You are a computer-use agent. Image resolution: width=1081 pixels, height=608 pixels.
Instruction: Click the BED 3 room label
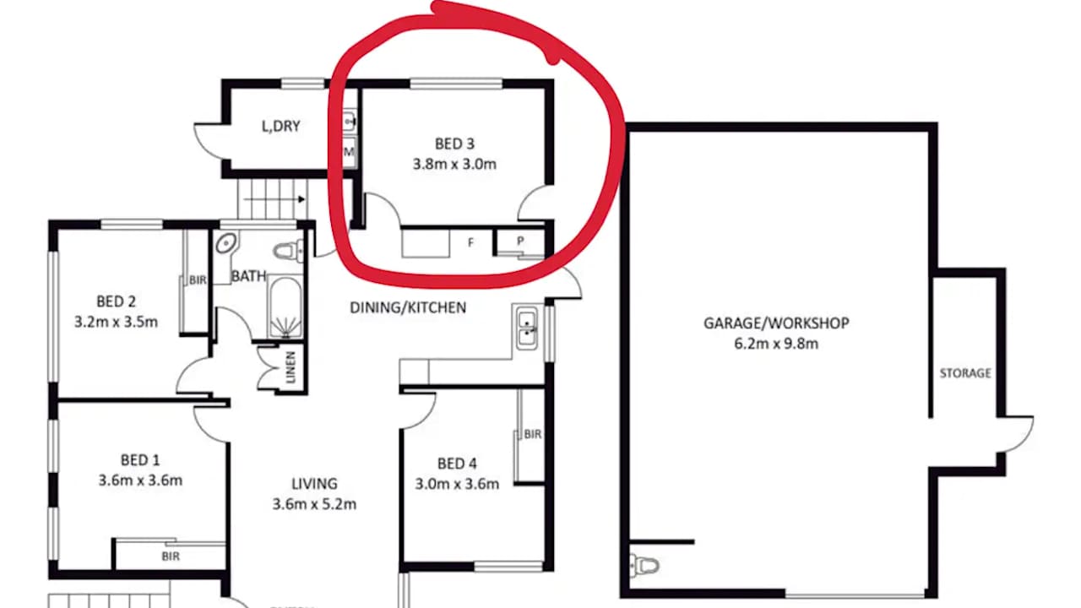(x=454, y=144)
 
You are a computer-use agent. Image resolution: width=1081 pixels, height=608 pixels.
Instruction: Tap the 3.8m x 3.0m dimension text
(x=454, y=165)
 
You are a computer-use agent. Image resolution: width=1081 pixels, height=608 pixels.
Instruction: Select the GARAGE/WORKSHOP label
(x=776, y=323)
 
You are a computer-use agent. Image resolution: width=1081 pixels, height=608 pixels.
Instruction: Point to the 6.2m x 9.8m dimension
(x=776, y=344)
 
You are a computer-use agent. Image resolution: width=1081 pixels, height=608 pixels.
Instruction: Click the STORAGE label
(x=965, y=372)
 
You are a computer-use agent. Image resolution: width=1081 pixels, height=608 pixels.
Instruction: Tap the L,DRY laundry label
(x=280, y=127)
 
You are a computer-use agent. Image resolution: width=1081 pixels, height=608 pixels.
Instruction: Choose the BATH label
(x=249, y=275)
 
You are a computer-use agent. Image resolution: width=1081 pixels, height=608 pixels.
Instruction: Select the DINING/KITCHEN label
(x=408, y=307)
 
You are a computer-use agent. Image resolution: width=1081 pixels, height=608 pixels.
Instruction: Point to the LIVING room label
(x=314, y=484)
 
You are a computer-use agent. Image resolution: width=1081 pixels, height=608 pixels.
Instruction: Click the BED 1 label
(x=140, y=460)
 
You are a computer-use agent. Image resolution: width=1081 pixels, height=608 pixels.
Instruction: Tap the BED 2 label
(x=117, y=301)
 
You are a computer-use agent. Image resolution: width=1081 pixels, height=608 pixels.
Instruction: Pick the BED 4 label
(x=457, y=464)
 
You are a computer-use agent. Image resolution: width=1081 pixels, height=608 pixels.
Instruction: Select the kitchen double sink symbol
(x=528, y=327)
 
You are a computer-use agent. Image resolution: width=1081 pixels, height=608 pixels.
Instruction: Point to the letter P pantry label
(x=520, y=241)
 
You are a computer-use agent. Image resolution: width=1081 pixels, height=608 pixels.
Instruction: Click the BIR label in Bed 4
(x=532, y=435)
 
